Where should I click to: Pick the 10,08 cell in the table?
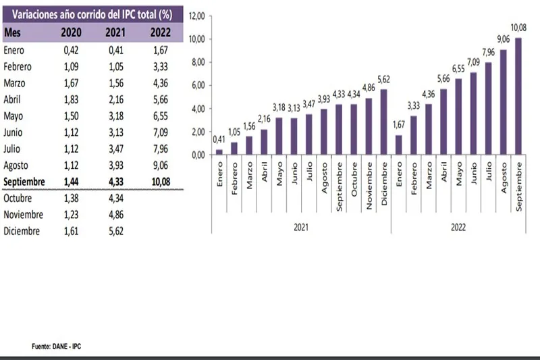(x=159, y=182)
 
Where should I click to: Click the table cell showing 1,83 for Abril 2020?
(x=72, y=99)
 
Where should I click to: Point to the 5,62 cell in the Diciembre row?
(x=116, y=231)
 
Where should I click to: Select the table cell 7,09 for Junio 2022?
(x=159, y=132)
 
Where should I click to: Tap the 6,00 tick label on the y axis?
(x=196, y=86)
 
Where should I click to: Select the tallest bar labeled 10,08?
(x=518, y=96)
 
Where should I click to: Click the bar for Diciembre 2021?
(x=384, y=122)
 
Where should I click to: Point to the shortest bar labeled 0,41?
(x=219, y=152)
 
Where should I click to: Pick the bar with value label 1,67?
(x=399, y=145)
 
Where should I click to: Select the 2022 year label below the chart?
(x=459, y=227)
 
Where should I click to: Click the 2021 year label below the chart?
(x=302, y=227)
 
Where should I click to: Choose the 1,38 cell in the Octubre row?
(x=72, y=199)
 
